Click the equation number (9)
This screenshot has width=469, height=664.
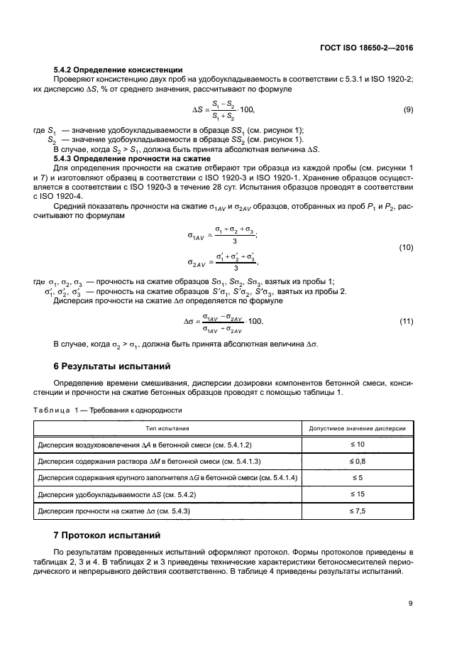click(x=408, y=110)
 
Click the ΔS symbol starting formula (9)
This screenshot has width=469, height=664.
click(x=198, y=111)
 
